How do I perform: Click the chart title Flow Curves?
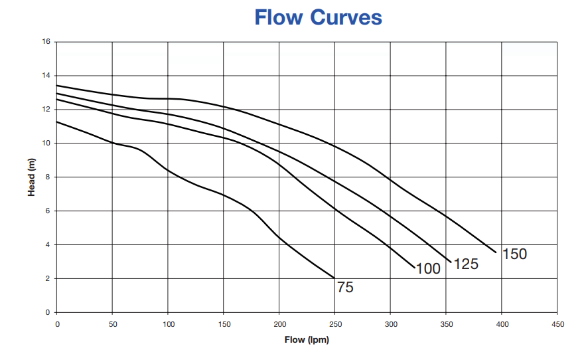tap(318, 17)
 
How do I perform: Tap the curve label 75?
tap(345, 288)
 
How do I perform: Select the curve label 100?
tap(428, 269)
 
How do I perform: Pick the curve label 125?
tap(466, 264)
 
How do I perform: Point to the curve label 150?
tap(514, 254)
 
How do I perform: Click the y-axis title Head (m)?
tap(31, 177)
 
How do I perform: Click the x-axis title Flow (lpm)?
tap(307, 340)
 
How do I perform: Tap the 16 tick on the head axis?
tap(46, 42)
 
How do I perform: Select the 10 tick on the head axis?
tap(46, 143)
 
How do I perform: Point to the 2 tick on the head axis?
tap(48, 279)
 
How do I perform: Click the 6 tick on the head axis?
tap(48, 211)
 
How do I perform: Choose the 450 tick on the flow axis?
tap(557, 324)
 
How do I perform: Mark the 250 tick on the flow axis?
tap(335, 324)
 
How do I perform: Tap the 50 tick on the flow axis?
tap(112, 324)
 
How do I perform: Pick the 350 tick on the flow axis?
tap(447, 324)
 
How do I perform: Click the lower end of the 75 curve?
tap(334, 278)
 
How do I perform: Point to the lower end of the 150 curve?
tap(496, 252)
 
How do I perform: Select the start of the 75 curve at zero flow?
tap(57, 122)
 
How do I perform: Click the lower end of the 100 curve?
tap(414, 268)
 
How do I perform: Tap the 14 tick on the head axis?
tap(46, 76)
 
